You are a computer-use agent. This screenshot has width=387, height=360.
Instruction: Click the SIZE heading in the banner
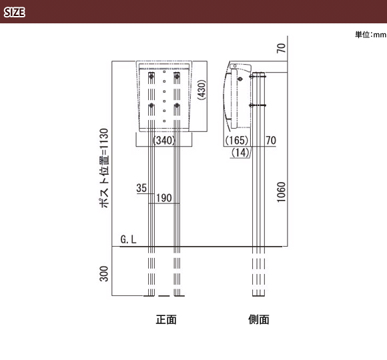15,12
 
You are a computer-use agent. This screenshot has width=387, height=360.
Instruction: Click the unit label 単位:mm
371,35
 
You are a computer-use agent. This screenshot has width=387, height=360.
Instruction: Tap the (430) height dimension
202,90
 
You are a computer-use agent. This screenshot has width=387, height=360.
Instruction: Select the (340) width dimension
164,140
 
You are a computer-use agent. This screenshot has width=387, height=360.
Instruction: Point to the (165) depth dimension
237,140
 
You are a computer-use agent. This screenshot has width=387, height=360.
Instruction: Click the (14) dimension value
240,153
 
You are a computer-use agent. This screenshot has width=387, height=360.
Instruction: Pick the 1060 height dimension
281,192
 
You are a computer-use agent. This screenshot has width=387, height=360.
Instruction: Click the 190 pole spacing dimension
164,198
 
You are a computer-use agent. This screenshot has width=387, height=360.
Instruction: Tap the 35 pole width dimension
141,188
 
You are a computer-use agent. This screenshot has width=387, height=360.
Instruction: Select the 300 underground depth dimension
104,274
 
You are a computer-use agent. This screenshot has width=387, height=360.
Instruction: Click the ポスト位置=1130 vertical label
104,168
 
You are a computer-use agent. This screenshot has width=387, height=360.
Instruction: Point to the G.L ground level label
128,239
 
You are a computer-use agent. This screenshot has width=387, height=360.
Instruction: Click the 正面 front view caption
166,319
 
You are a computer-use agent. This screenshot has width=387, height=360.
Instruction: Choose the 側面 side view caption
259,319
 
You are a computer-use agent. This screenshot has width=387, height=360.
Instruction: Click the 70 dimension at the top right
281,48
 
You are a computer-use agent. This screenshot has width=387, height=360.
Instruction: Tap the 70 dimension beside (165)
271,140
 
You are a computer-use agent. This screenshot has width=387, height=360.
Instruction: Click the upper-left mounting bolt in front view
151,76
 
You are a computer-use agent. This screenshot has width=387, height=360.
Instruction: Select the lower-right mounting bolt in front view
177,105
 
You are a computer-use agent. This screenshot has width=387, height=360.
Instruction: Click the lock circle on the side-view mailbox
240,79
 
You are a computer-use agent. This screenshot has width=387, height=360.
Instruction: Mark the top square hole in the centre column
164,72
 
